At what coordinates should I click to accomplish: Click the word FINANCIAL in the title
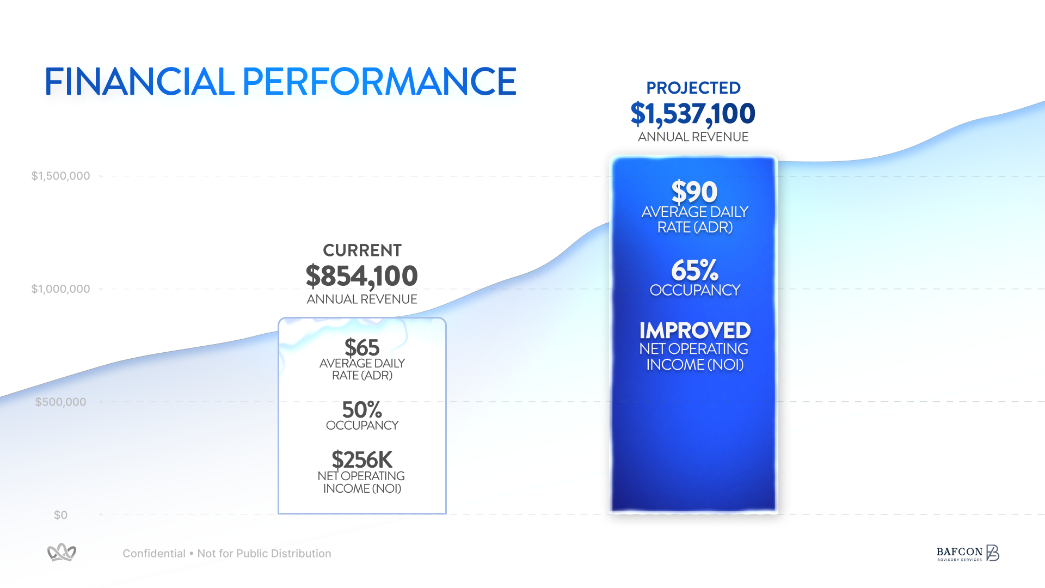139,82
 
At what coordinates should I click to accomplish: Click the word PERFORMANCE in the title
379,82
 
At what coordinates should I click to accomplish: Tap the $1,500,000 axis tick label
60,176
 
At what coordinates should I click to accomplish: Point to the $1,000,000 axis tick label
60,289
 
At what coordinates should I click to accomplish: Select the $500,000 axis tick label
60,402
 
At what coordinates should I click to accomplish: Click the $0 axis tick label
60,515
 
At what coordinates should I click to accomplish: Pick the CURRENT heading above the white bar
362,250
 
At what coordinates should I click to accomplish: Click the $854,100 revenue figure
362,276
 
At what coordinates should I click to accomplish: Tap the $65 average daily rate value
362,347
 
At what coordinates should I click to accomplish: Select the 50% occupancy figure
362,409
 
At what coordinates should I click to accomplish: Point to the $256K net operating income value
362,460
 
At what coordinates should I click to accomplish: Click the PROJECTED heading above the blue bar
693,88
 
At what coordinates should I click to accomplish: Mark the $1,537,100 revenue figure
693,114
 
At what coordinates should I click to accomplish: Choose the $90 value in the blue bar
694,192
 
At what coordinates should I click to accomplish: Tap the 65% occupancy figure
694,270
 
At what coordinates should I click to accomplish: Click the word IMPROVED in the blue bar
694,330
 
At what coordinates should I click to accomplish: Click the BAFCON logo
968,553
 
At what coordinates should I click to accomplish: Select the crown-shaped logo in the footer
62,553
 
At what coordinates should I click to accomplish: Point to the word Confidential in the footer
154,554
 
